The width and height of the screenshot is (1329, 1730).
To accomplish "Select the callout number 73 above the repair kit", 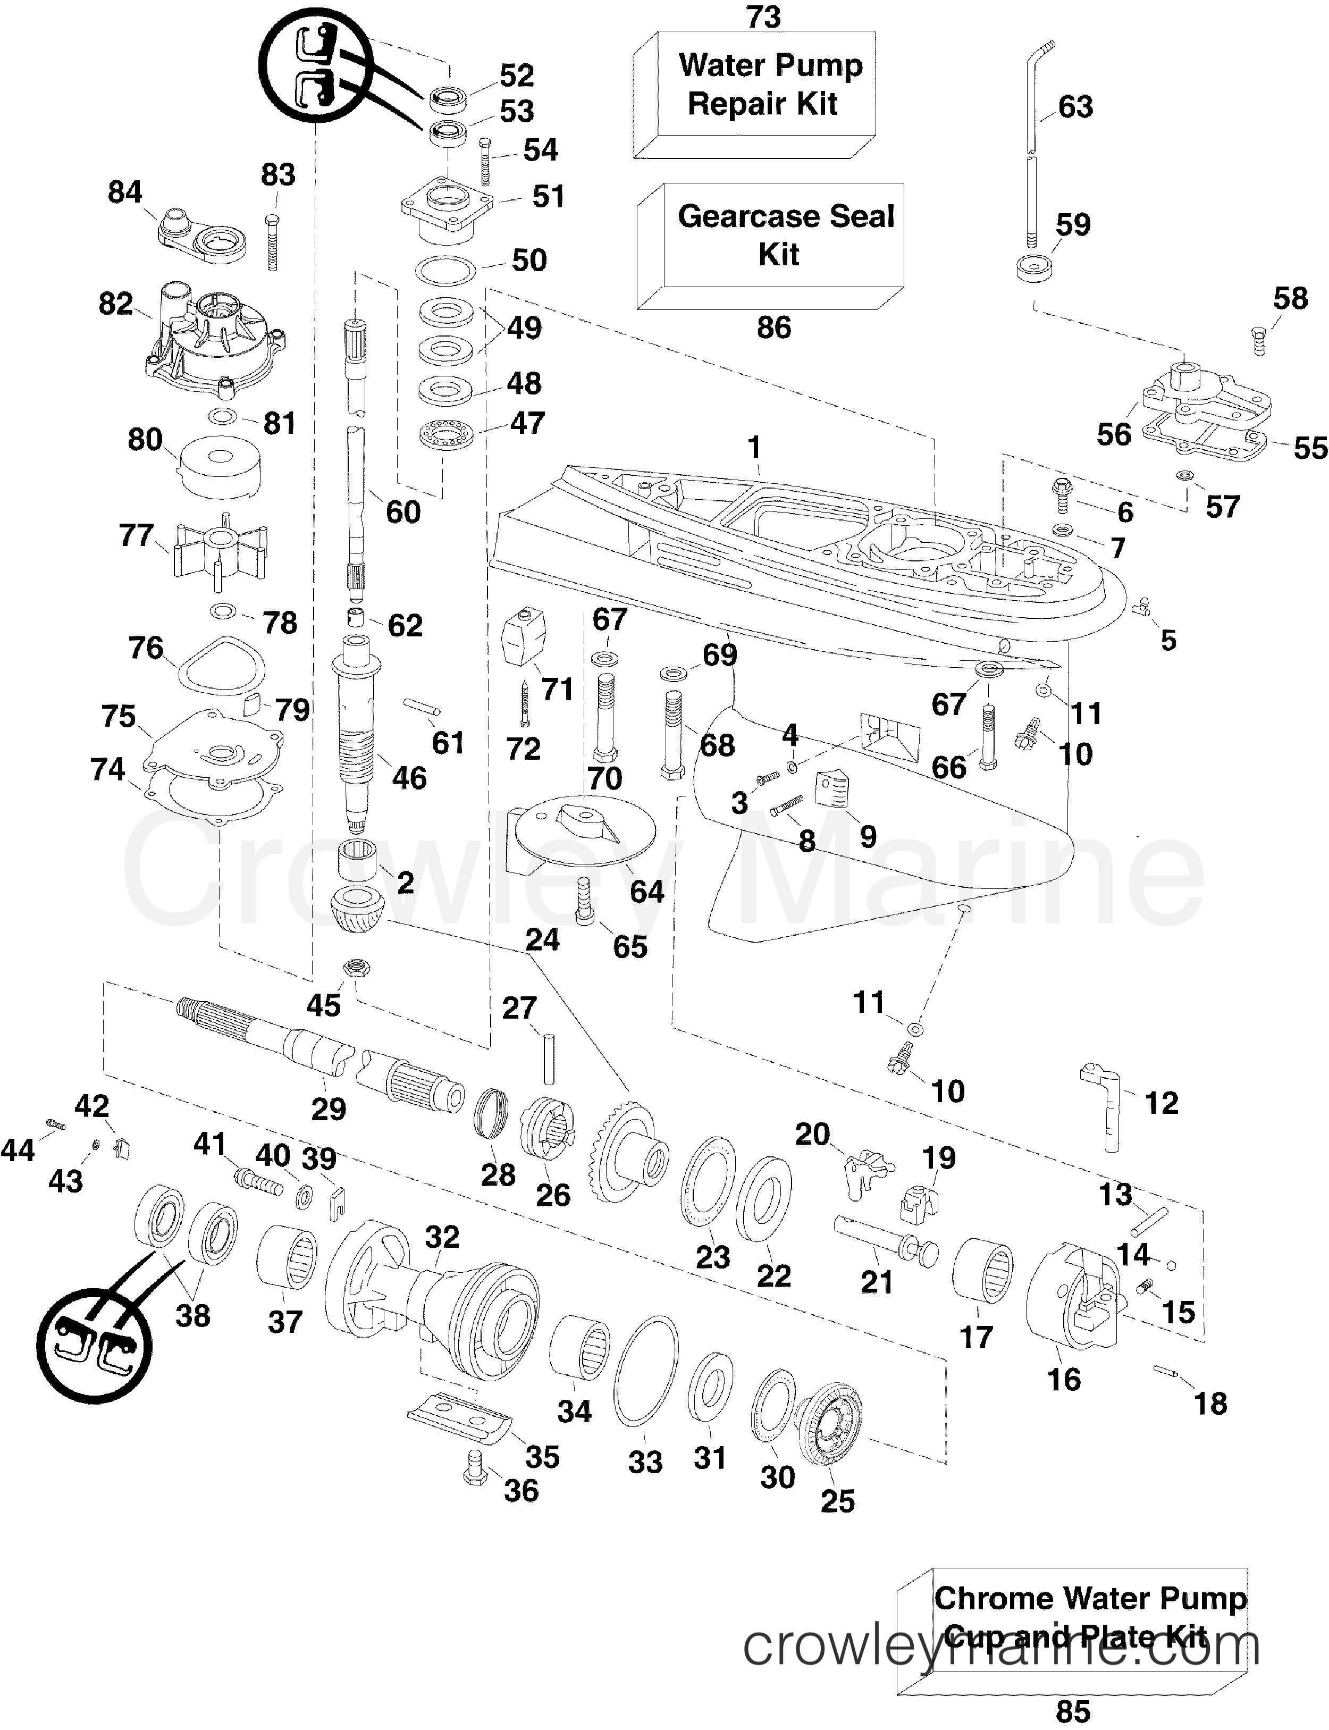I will pos(763,16).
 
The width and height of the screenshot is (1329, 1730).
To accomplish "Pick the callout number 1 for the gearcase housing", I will pos(754,448).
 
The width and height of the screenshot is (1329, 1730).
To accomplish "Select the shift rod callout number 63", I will pos(1075,107).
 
